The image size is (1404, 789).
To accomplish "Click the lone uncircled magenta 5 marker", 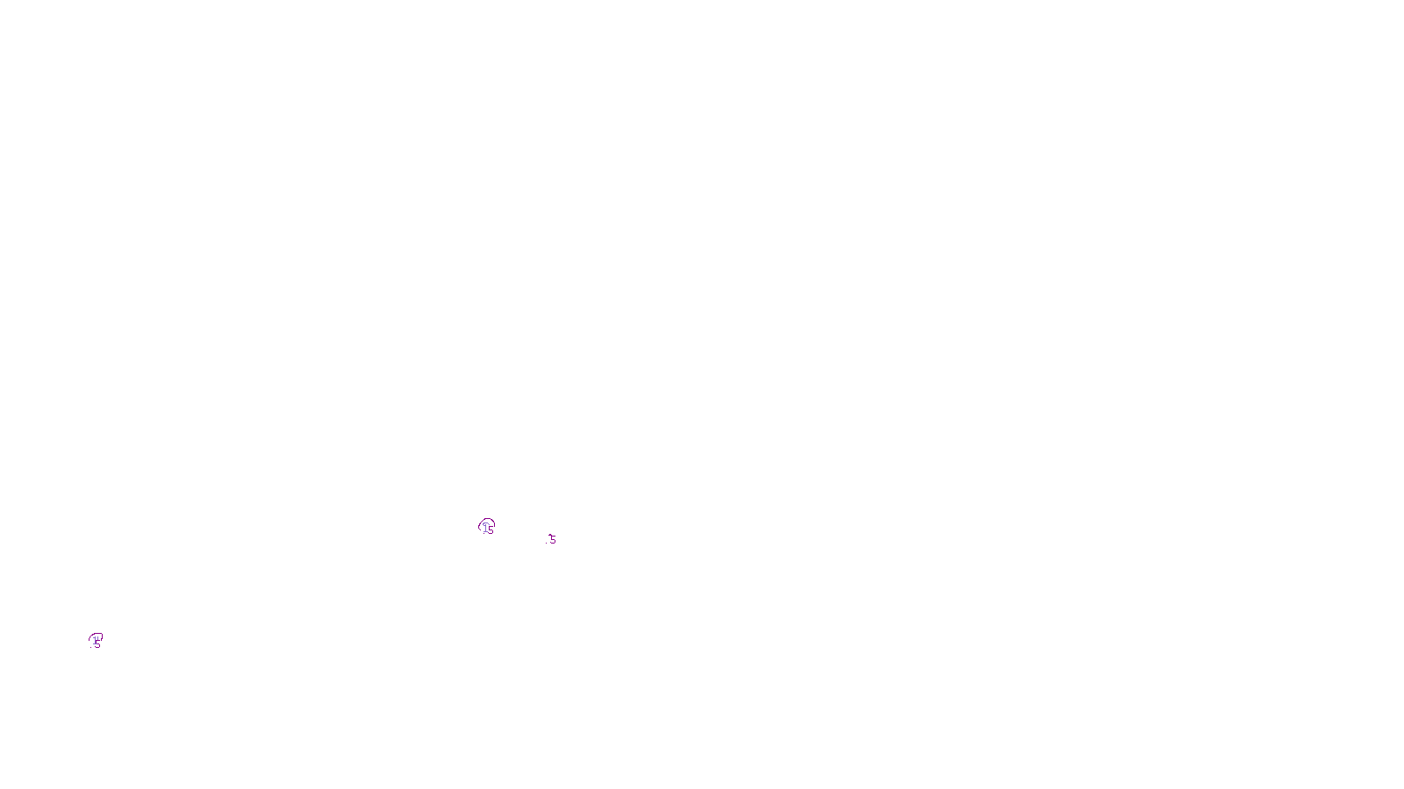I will pyautogui.click(x=552, y=539).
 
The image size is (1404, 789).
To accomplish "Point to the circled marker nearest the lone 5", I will pyautogui.click(x=486, y=527).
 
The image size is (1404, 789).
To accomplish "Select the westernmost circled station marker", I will pyautogui.click(x=96, y=641).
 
